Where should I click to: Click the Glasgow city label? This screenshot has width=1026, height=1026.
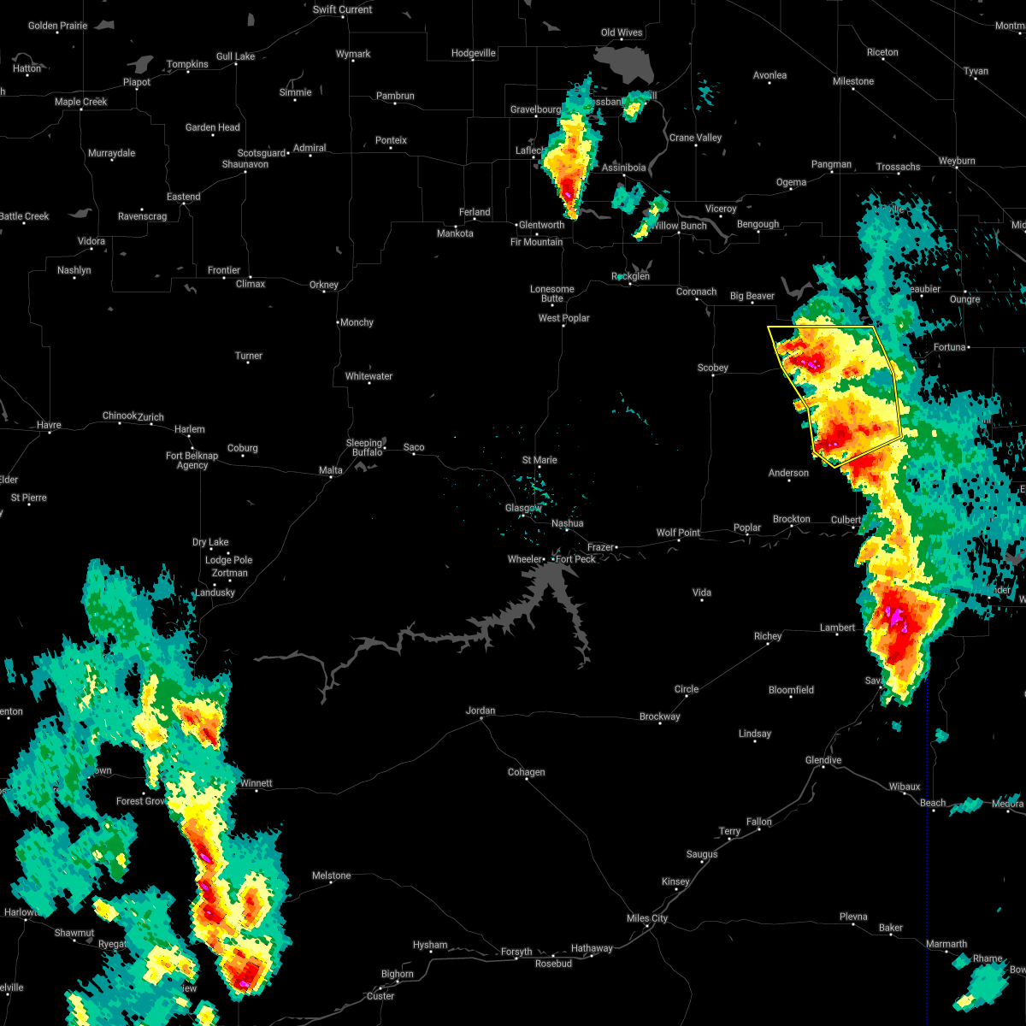click(522, 508)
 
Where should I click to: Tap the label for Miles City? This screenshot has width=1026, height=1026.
click(647, 918)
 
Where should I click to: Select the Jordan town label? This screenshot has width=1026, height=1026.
click(481, 711)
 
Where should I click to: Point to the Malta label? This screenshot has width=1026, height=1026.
click(330, 470)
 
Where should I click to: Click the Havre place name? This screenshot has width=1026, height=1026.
click(49, 425)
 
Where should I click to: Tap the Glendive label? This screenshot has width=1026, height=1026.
click(823, 760)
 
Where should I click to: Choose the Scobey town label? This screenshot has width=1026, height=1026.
click(712, 368)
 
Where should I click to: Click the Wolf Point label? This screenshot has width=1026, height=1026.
click(678, 533)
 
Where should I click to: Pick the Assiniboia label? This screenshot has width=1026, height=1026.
click(623, 168)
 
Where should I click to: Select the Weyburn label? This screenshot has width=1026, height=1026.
click(956, 161)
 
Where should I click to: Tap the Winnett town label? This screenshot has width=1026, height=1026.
click(256, 783)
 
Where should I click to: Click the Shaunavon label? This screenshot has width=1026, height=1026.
click(245, 164)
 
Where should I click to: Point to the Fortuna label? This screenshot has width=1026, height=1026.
click(949, 347)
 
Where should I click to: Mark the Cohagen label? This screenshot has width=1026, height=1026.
click(526, 772)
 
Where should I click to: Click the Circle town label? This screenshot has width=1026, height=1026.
click(687, 689)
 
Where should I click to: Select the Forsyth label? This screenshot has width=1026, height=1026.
click(516, 952)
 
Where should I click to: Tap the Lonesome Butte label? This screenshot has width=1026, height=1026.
click(552, 293)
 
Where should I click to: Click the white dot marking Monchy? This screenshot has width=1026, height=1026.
click(339, 322)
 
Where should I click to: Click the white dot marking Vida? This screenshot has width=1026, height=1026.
click(702, 599)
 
